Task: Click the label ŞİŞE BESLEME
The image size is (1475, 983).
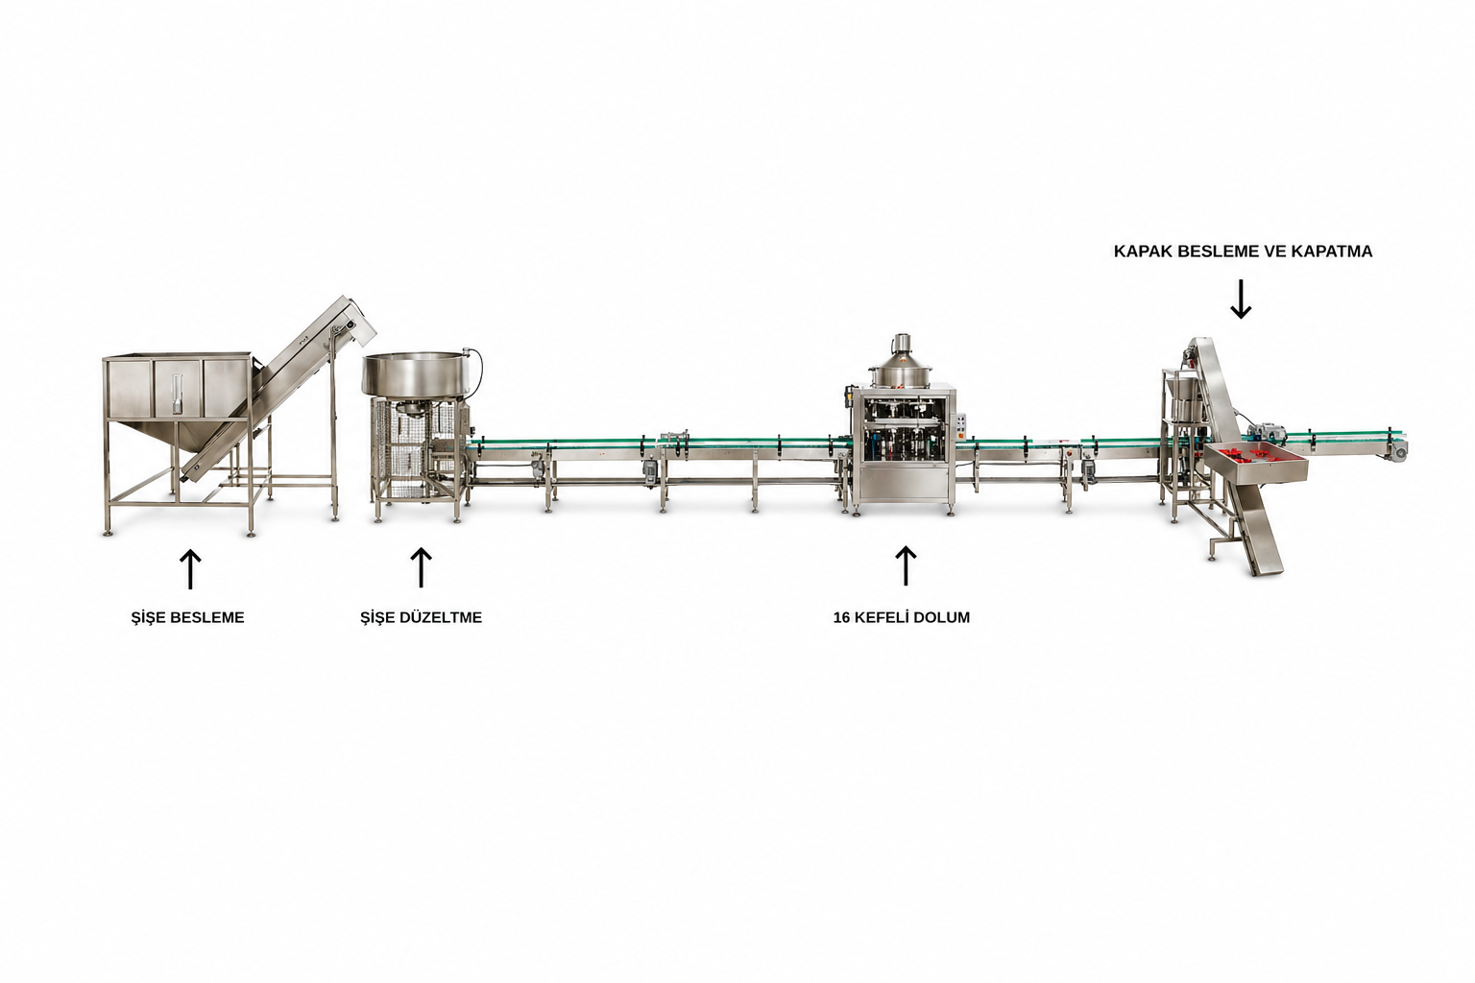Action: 187,617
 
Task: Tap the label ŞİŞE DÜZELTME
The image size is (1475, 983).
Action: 421,617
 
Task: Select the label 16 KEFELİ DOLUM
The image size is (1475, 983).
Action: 902,617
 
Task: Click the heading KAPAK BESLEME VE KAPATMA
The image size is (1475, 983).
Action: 1244,252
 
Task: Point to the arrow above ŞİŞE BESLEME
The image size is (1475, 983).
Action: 190,569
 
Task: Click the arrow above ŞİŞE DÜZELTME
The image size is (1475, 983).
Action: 421,567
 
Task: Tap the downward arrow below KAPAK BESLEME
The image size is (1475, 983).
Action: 1241,299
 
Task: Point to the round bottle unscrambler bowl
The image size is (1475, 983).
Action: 420,376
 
